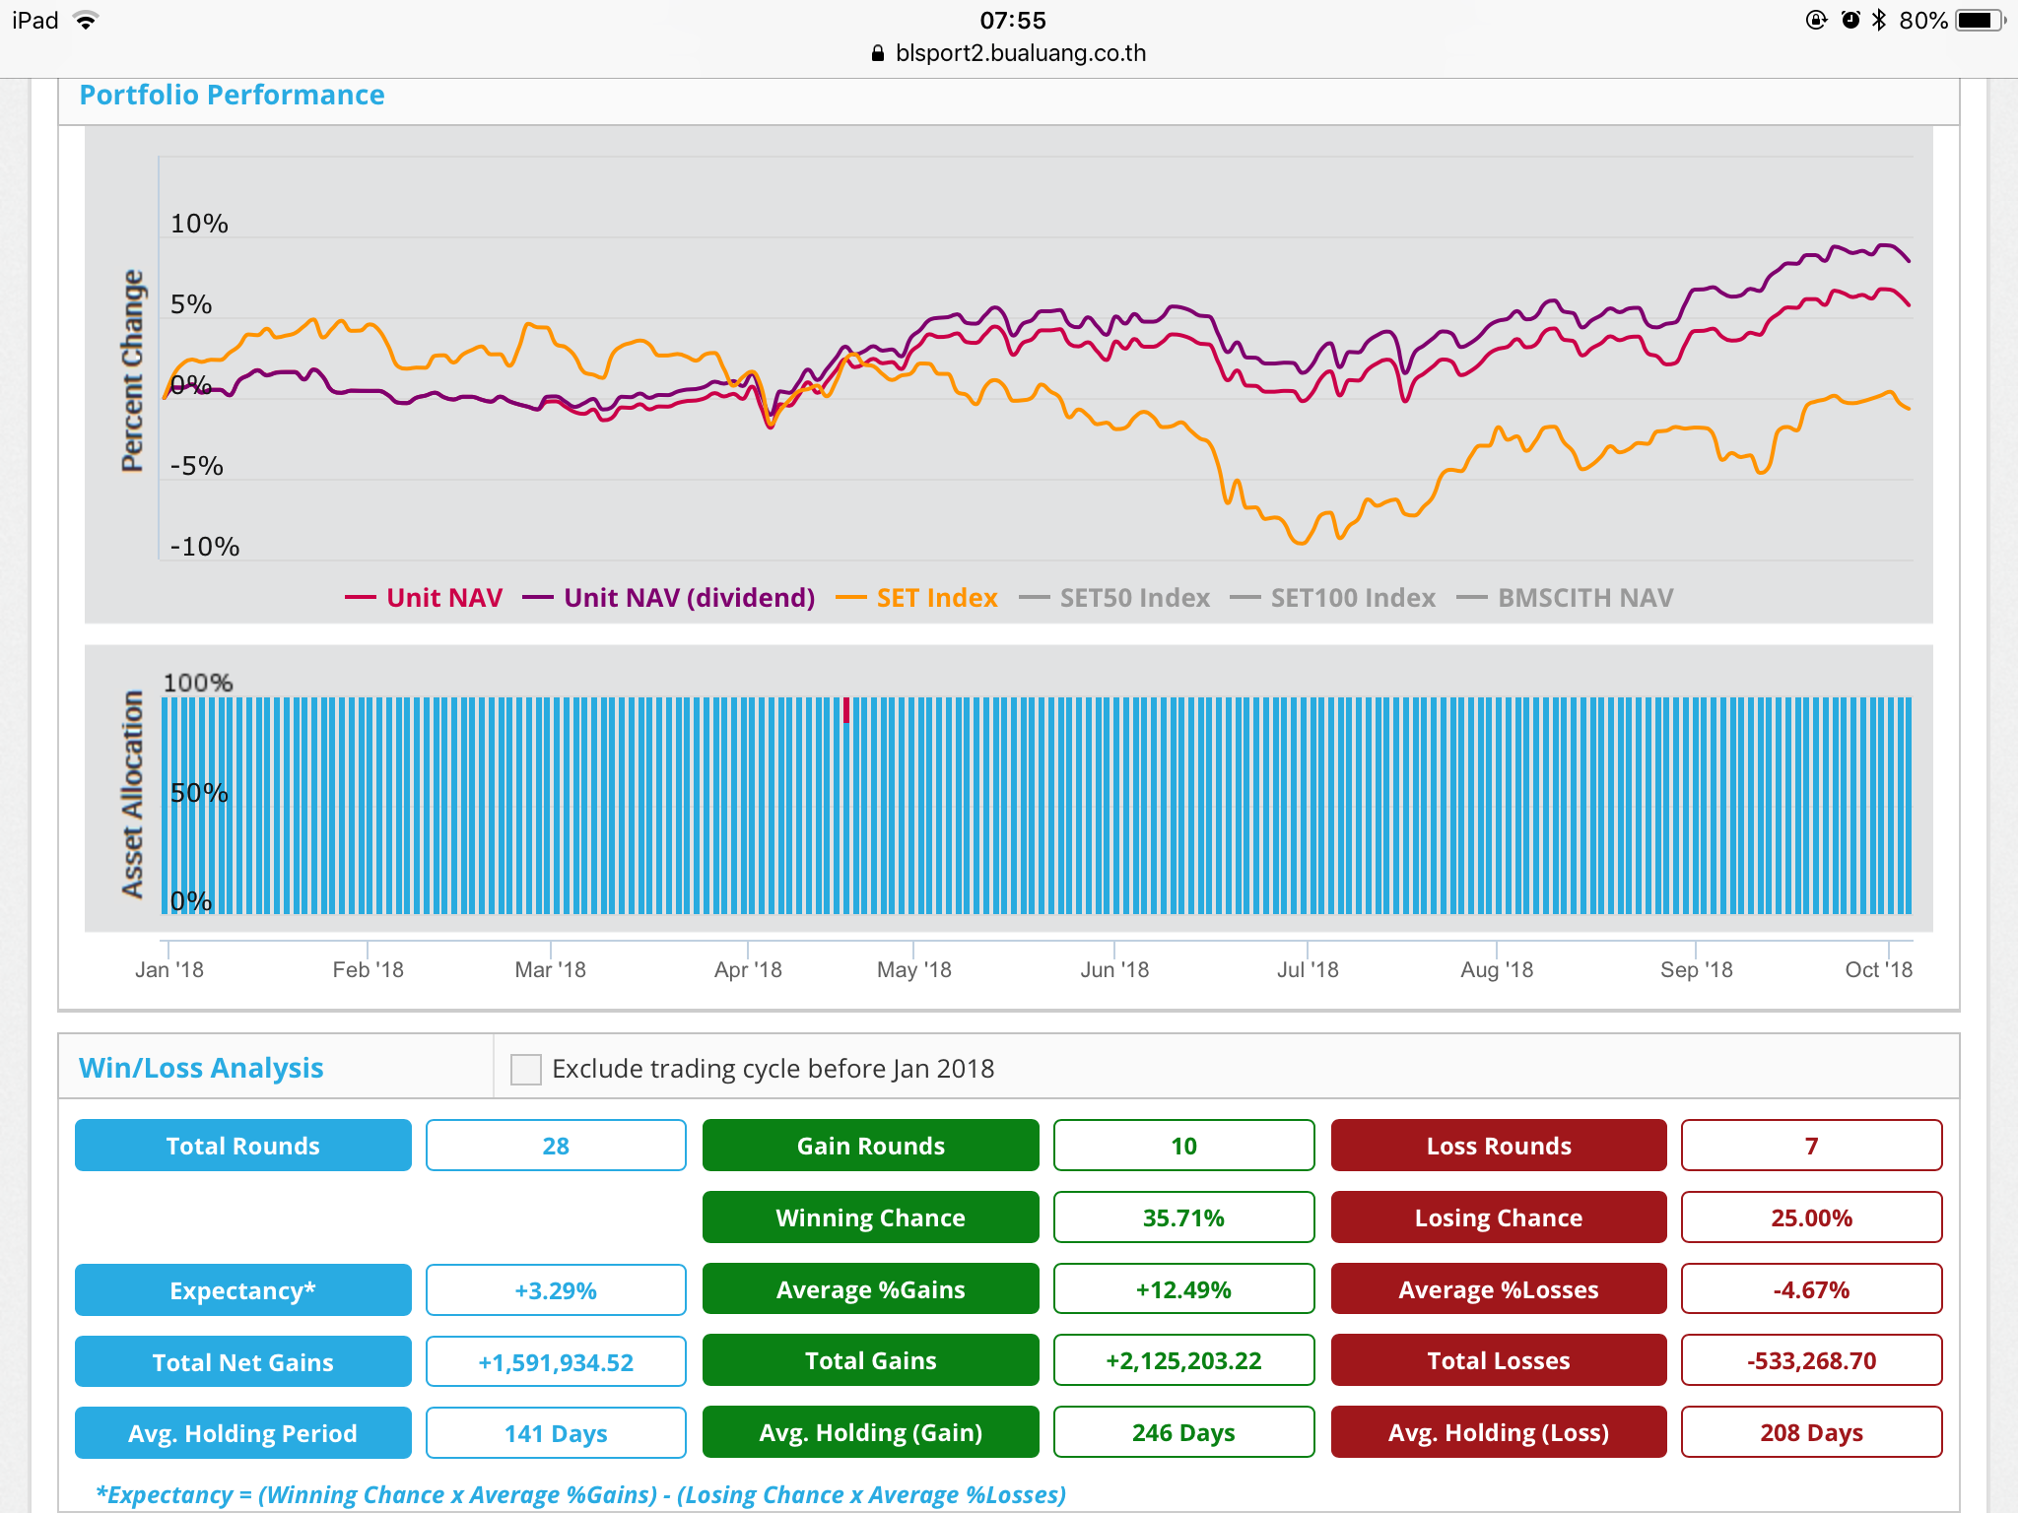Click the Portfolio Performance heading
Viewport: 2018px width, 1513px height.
point(232,95)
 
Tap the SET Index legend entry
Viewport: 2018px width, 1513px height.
point(916,598)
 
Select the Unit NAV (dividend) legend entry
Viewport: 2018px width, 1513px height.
point(668,598)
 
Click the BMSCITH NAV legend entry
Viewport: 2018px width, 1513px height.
point(1565,598)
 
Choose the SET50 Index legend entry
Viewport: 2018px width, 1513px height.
point(1114,598)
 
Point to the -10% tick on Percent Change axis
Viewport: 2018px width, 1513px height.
point(205,547)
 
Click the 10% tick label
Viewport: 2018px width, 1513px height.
point(199,224)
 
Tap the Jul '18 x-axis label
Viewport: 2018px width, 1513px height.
point(1308,969)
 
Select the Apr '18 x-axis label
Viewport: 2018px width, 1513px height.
point(748,969)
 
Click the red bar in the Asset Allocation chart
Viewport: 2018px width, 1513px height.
point(846,710)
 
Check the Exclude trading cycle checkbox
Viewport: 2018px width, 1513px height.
point(526,1069)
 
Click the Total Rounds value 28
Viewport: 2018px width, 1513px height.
point(556,1146)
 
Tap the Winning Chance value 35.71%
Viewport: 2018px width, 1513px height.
point(1183,1217)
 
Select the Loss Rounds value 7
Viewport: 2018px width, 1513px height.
point(1811,1146)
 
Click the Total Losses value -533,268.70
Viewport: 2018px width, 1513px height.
point(1811,1360)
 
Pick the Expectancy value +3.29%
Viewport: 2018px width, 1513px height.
point(556,1290)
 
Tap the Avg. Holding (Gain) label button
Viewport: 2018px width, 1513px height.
point(871,1432)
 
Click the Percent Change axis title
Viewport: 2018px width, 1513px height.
point(132,371)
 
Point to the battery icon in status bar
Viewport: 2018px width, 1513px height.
point(1981,21)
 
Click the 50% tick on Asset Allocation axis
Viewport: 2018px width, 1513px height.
point(199,793)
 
